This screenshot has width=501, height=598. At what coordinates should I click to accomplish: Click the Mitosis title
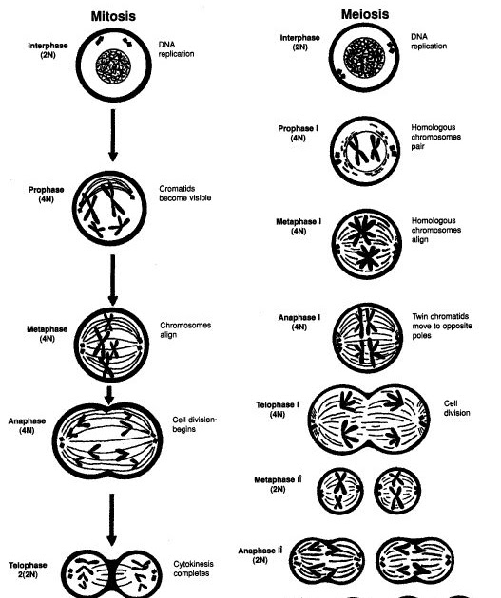pyautogui.click(x=113, y=16)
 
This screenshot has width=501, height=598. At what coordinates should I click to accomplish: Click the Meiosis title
pyautogui.click(x=365, y=14)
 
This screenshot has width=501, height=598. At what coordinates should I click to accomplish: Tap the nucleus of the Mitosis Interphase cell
pyautogui.click(x=113, y=66)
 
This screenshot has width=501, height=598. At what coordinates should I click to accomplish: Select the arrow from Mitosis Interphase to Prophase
pyautogui.click(x=112, y=135)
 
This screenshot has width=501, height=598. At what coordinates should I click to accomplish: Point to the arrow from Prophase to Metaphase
pyautogui.click(x=112, y=280)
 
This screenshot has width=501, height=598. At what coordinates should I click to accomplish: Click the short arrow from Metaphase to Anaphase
pyautogui.click(x=109, y=396)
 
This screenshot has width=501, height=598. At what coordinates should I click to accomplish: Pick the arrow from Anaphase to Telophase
pyautogui.click(x=111, y=519)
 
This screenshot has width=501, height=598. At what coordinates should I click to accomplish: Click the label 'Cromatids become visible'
pyautogui.click(x=184, y=194)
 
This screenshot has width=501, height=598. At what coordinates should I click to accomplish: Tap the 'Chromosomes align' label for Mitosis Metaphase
pyautogui.click(x=185, y=330)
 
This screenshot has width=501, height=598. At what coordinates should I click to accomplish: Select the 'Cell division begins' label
pyautogui.click(x=194, y=424)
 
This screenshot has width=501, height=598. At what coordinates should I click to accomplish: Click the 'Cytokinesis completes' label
pyautogui.click(x=193, y=569)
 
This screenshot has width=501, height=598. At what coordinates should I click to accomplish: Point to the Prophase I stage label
pyautogui.click(x=298, y=133)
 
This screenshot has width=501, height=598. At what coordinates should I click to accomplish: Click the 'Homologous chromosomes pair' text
pyautogui.click(x=435, y=137)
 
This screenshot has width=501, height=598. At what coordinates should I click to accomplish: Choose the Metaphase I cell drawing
pyautogui.click(x=367, y=244)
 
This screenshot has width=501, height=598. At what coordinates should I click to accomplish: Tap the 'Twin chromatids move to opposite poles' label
pyautogui.click(x=442, y=327)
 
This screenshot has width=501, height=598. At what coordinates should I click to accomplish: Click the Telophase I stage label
pyautogui.click(x=278, y=409)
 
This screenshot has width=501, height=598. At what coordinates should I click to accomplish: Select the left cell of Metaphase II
pyautogui.click(x=340, y=491)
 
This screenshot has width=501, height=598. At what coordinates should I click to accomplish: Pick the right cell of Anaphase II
pyautogui.click(x=414, y=561)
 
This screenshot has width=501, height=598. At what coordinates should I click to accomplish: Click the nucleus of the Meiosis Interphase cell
pyautogui.click(x=364, y=58)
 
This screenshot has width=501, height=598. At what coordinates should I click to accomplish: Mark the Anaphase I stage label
pyautogui.click(x=299, y=322)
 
